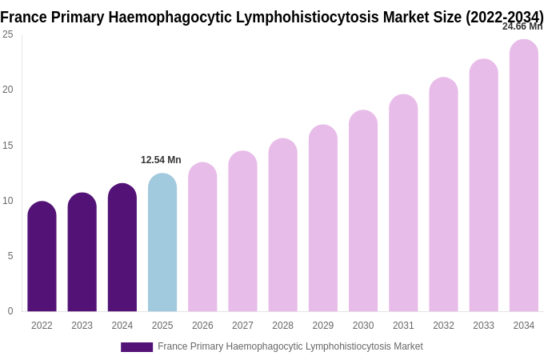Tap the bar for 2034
(x=524, y=175)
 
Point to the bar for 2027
(x=242, y=231)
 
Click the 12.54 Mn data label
(x=161, y=160)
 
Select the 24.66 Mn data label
(x=522, y=26)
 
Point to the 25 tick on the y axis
(x=8, y=34)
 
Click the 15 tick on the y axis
(x=8, y=146)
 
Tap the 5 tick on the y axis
(x=10, y=256)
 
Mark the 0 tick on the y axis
(x=10, y=311)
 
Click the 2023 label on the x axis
(x=82, y=326)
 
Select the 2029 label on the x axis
(x=323, y=326)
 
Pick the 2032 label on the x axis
(x=443, y=326)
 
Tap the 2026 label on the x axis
(x=202, y=326)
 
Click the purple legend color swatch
(x=137, y=347)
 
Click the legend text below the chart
(x=290, y=346)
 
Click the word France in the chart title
(x=24, y=16)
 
